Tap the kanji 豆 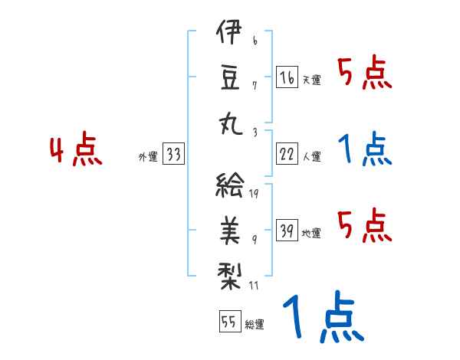(229, 77)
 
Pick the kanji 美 (229, 228)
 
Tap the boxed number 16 (287, 78)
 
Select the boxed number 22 (287, 154)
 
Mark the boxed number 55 (228, 322)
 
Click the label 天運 (311, 80)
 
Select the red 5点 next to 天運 (365, 74)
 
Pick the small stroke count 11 (255, 286)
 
